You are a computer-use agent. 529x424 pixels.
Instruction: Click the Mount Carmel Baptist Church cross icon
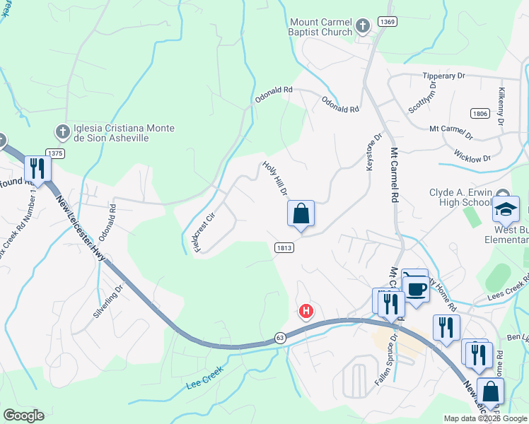point(363,27)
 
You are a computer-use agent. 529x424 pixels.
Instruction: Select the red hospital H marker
point(306,311)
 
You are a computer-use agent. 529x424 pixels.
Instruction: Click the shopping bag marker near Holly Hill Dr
point(301,213)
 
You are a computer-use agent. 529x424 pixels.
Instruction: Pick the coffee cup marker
point(417,288)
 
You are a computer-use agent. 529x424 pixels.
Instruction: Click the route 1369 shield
point(387,23)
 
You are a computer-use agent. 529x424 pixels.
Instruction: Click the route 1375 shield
point(55,153)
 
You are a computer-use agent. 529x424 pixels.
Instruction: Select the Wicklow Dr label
point(472,158)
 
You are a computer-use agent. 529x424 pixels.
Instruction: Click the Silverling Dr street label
point(110,300)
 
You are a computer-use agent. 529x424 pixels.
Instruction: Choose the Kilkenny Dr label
point(501,107)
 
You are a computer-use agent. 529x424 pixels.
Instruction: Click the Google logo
point(23,416)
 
